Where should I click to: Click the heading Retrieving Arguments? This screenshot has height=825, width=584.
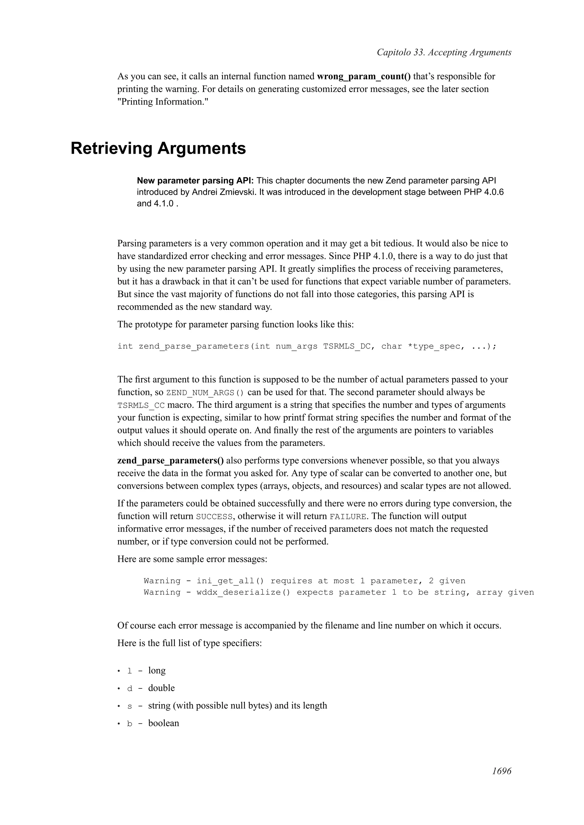coord(158,148)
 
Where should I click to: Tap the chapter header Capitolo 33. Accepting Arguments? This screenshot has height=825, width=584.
coord(444,52)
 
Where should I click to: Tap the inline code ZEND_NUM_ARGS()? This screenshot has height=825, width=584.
coord(205,393)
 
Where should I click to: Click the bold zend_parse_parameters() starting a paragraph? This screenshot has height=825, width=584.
coord(171,461)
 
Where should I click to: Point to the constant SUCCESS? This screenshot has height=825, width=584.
coord(214,517)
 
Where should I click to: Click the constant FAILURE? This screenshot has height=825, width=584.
coord(348,517)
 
